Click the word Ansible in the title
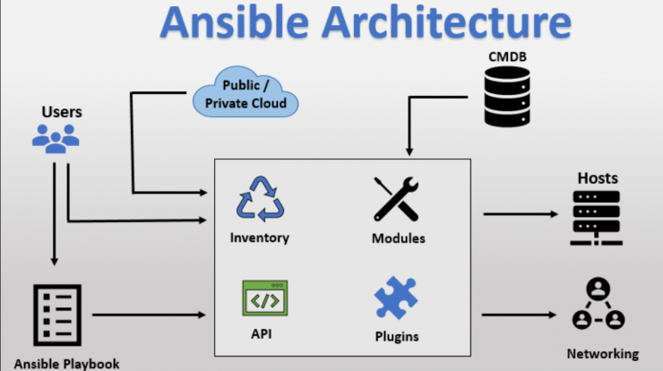235,22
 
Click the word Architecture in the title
447,22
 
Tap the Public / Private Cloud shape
245,91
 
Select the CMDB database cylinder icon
507,97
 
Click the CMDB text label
507,56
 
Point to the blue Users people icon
56,138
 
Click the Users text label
62,112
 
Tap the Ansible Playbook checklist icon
57,315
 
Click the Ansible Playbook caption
67,364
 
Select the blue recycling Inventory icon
261,199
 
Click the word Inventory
260,237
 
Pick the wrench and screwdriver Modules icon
396,199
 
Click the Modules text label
399,238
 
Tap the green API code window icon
265,298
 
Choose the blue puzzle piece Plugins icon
396,298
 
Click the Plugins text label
397,336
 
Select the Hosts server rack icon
596,218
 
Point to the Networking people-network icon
598,303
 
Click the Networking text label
603,354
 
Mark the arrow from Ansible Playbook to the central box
149,315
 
